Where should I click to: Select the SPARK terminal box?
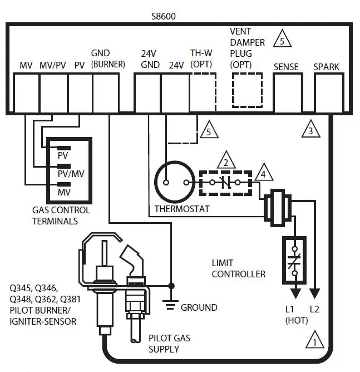(327, 87)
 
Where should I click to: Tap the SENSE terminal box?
(286, 87)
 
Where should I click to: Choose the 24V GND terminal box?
(147, 87)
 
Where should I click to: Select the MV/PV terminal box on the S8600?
(54, 87)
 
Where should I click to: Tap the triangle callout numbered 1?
(315, 340)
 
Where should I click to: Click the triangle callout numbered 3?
(310, 130)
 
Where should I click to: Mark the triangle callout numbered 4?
(265, 173)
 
